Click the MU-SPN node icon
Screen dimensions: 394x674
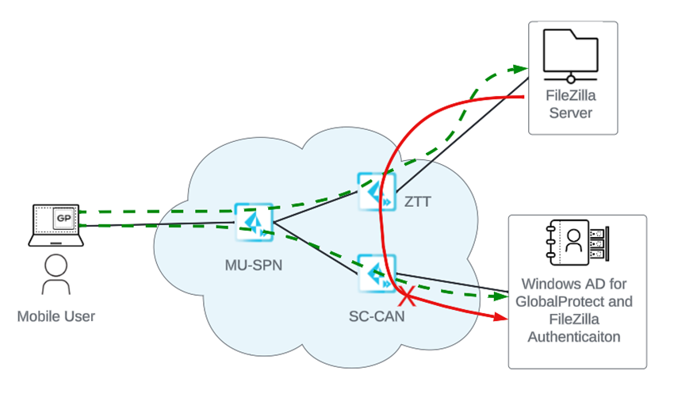tap(255, 220)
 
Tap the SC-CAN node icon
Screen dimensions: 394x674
tap(376, 272)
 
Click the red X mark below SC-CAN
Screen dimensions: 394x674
tap(408, 299)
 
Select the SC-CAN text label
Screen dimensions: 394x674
tap(377, 316)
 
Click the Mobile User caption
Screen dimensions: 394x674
tap(56, 317)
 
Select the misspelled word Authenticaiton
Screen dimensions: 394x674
tap(576, 336)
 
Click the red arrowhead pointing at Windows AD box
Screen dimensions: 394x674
tap(501, 319)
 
